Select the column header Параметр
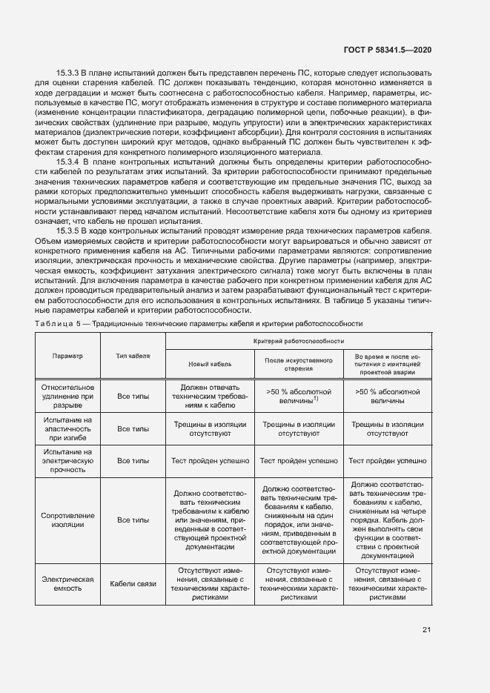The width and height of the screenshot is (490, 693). tap(67, 356)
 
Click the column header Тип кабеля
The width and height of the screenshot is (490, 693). tap(133, 356)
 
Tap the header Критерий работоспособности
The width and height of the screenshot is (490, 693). tap(299, 341)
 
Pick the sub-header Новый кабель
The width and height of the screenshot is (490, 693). tap(211, 365)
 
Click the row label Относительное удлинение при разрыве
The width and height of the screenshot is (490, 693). tap(67, 396)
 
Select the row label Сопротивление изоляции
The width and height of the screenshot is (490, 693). tap(67, 520)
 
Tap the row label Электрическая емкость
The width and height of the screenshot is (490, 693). tap(67, 583)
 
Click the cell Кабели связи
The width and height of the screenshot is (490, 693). tap(133, 583)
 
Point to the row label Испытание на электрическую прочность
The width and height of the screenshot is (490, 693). tap(67, 460)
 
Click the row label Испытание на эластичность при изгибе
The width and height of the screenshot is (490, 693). tap(67, 428)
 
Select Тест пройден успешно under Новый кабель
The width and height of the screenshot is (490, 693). tap(211, 460)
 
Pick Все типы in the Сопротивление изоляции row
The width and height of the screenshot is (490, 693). tap(133, 520)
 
